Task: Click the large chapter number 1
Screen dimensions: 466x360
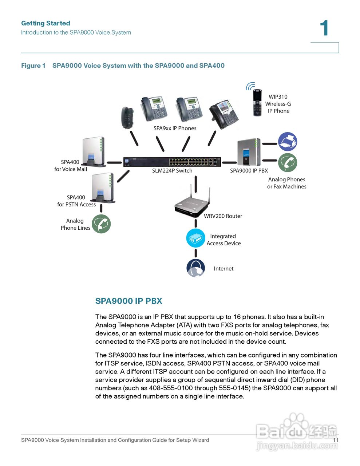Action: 324,28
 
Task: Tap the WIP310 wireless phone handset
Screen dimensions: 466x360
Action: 257,103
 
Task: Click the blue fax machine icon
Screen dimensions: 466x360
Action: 288,142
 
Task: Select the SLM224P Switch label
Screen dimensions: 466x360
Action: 172,170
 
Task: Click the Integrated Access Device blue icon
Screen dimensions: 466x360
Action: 196,238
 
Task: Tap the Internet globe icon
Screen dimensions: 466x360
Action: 196,268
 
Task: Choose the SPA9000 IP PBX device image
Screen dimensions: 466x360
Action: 249,152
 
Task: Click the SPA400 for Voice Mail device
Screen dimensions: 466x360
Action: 94,152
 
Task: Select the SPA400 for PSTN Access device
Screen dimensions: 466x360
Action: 103,188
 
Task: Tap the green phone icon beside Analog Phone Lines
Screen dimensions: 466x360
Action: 101,224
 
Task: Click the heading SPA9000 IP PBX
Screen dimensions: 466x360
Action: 128,301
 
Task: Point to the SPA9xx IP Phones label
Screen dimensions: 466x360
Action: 175,128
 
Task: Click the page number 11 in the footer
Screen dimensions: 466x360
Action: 336,440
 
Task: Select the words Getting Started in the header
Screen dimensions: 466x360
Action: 46,23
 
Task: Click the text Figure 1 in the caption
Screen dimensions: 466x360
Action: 33,66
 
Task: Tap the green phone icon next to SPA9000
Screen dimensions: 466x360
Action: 288,163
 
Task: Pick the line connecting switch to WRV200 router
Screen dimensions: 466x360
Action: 196,184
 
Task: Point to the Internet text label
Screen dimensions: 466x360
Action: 223,269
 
